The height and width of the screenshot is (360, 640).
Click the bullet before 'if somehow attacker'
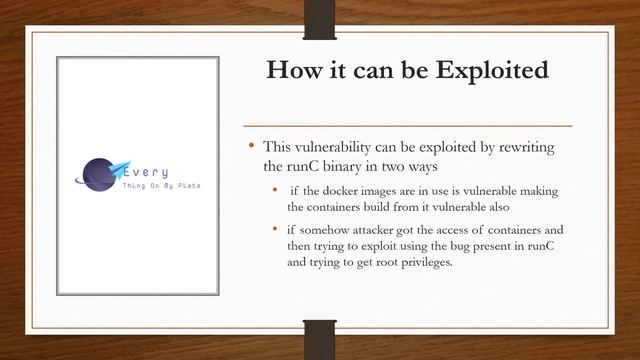[276, 229]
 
